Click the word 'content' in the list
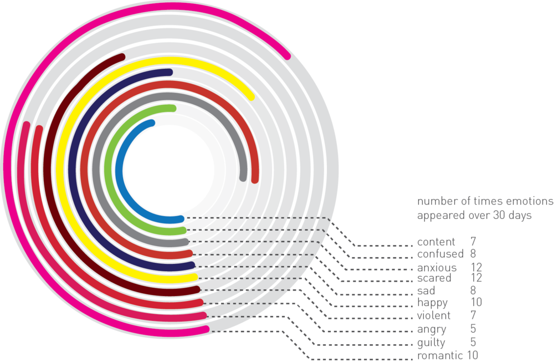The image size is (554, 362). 436,242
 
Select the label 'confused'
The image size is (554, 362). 440,254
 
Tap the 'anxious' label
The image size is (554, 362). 437,268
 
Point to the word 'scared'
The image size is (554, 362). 434,278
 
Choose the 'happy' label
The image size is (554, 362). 433,303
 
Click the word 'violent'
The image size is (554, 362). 434,315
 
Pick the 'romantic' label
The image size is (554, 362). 440,355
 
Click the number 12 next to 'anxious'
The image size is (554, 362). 476,267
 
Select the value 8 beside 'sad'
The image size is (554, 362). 473,290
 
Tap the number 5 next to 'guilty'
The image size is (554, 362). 473,342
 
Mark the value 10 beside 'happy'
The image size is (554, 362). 476,302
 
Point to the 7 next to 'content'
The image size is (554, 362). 473,242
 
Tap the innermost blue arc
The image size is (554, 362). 119,170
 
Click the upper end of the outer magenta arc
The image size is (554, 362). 288,56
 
